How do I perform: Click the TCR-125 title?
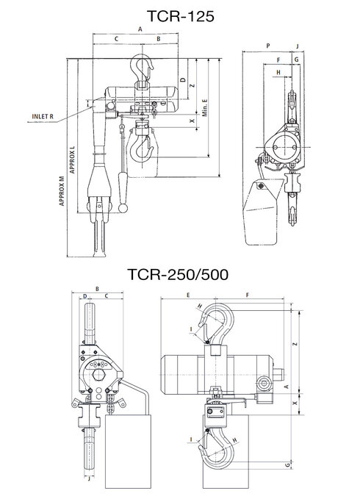click(180, 16)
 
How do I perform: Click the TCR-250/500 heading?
click(178, 274)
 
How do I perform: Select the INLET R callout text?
click(43, 116)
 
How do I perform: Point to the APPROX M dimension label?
click(62, 191)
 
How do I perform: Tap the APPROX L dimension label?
click(73, 159)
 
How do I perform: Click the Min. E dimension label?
click(205, 107)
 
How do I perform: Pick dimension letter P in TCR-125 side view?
click(268, 46)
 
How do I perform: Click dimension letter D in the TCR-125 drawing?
click(183, 79)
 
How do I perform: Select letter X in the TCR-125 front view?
click(192, 121)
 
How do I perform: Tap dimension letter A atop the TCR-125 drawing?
click(140, 29)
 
